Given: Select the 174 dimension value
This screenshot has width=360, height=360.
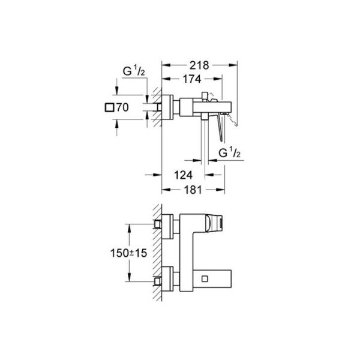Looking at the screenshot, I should coord(192,79).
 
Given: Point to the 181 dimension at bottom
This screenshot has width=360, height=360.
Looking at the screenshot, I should coord(192,189).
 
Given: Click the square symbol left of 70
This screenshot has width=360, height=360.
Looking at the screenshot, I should coord(109,109).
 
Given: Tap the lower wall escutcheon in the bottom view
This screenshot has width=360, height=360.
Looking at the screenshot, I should coord(170,279).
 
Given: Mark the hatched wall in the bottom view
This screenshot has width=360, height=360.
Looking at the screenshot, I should coord(158,252).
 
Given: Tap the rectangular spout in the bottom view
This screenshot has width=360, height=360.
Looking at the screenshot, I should coord(204,279).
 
